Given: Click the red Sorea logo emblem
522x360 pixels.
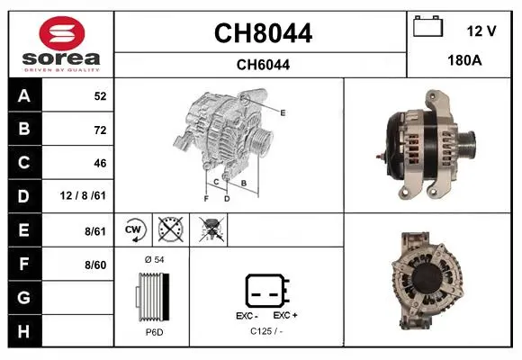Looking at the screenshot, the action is click(x=62, y=33).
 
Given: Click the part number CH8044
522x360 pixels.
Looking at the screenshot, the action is click(x=263, y=33).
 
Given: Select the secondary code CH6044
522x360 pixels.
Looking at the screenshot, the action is click(x=263, y=65).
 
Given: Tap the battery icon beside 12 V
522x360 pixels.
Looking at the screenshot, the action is click(x=428, y=26).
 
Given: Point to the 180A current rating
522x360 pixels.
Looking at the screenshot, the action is click(x=464, y=60).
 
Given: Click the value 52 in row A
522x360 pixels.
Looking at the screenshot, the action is click(x=100, y=96).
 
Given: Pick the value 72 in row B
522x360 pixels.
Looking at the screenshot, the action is click(x=100, y=130).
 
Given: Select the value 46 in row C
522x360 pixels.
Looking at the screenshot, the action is click(x=100, y=163).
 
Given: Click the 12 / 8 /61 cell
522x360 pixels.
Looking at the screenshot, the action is click(x=83, y=195).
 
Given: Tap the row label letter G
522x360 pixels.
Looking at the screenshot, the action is click(x=24, y=297).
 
